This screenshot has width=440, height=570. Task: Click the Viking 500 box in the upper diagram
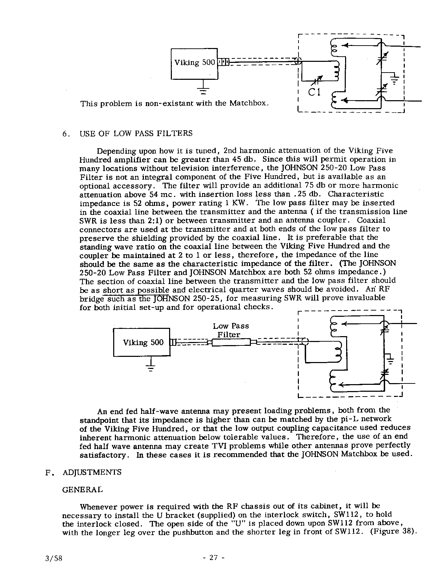(x=195, y=64)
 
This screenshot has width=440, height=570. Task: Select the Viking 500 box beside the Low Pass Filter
(x=142, y=342)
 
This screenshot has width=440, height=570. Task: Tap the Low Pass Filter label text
(x=230, y=330)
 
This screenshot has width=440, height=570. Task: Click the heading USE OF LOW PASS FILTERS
(x=136, y=133)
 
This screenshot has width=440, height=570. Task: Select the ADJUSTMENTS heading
(x=92, y=472)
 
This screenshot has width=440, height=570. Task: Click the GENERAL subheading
(x=82, y=490)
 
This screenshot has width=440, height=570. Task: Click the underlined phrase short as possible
(x=136, y=289)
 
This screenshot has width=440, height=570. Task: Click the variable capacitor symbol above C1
(x=317, y=81)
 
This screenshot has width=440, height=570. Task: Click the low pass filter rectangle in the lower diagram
(x=231, y=342)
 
